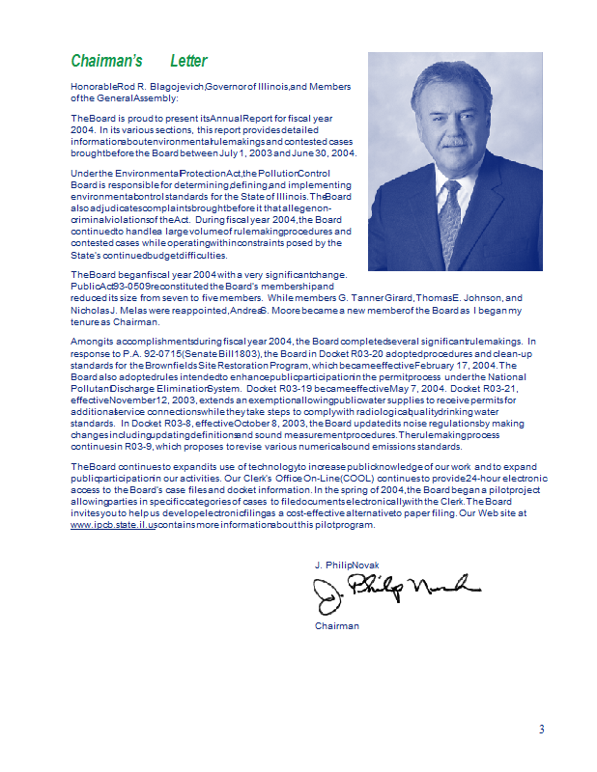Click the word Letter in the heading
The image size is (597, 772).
point(188,61)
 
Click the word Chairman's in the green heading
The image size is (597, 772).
point(107,61)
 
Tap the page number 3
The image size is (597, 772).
point(542,729)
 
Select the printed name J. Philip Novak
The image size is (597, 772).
point(345,564)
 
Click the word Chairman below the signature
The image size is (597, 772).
point(336,626)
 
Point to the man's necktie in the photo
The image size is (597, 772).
point(450,221)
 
